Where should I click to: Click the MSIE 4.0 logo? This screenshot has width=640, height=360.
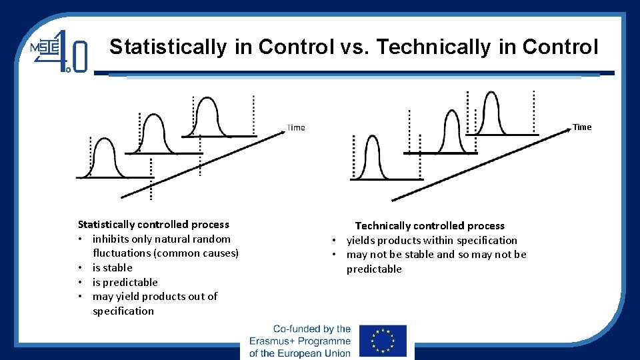pos(59,50)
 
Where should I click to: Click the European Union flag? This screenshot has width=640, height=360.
pos(383,340)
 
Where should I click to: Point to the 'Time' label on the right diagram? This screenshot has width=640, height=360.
pos(581,127)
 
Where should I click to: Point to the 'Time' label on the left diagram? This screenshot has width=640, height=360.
pos(295,127)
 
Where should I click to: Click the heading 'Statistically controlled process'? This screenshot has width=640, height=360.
pos(153,225)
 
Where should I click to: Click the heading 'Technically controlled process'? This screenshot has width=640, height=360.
pos(429,226)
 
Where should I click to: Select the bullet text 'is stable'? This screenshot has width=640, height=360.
pos(113,267)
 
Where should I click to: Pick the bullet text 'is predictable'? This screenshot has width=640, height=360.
pos(125,282)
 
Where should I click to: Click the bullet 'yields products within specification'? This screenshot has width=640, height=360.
pos(431,240)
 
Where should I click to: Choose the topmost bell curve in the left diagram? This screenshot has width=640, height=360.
pos(215,119)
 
